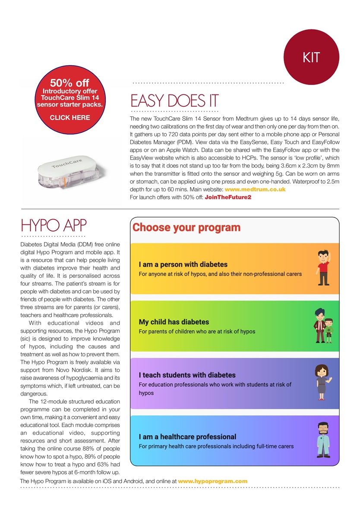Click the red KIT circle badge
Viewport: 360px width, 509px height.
pos(311,57)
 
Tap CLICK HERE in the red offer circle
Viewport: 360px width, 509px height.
pos(70,117)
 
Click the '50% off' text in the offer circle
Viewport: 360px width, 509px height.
pos(69,82)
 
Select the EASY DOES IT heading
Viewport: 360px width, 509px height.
pos(174,101)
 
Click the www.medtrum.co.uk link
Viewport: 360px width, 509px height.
pos(255,189)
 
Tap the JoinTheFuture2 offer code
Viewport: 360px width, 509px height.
pos(228,197)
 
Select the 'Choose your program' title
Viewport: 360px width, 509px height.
pos(186,227)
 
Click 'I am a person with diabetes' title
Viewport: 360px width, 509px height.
pos(183,264)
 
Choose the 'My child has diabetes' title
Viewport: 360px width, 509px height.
pos(174,322)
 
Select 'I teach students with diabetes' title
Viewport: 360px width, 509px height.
pos(187,375)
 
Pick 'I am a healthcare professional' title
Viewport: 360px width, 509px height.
pos(187,437)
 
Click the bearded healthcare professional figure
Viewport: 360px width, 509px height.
pos(323,440)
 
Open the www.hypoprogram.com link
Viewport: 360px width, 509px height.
pos(212,481)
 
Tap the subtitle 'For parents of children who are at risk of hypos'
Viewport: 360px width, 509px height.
pos(197,332)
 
